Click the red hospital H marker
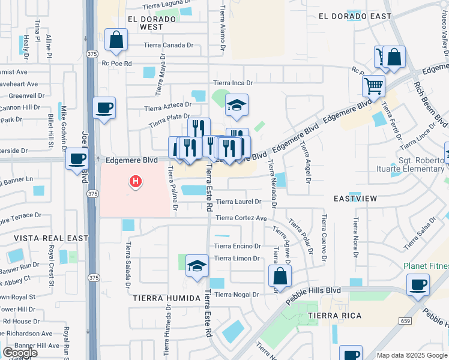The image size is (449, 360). pos(136,180)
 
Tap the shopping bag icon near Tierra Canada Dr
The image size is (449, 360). pos(116,40)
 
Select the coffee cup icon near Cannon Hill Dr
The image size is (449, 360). pos(104,108)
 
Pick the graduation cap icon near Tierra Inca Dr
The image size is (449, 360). pos(237,105)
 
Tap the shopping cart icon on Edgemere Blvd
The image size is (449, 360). pos(373,86)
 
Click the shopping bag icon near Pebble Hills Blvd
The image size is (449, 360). pos(280,276)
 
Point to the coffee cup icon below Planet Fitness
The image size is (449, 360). pos(418,284)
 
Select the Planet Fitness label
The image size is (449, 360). pos(426,266)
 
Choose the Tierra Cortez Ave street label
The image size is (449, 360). pos(241,218)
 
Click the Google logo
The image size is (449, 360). pos(20,353)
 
